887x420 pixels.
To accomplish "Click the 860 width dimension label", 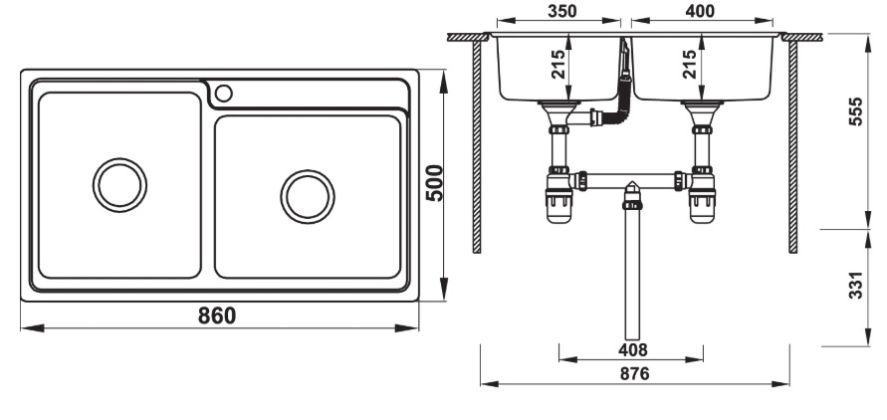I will [x=216, y=315].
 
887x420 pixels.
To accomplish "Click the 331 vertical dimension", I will [x=855, y=287].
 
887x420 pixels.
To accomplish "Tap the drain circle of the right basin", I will [x=307, y=195].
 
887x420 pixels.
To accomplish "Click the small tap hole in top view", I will [x=223, y=94].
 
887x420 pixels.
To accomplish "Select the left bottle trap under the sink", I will [x=558, y=198].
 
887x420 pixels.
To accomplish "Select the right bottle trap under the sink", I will [x=703, y=198].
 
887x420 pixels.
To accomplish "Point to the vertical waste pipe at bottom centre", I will [x=631, y=279].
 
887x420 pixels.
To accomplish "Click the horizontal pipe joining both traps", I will [x=631, y=179].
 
